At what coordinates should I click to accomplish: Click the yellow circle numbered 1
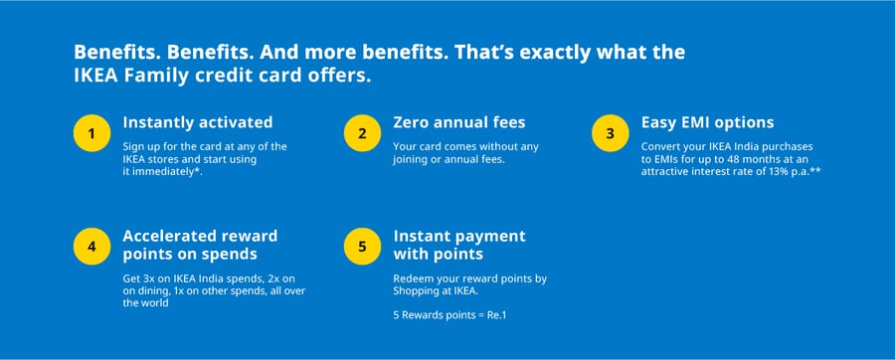[92, 132]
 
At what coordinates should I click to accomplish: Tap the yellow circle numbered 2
[363, 132]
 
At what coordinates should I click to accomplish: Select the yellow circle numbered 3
[611, 132]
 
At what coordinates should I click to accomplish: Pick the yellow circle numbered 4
[92, 246]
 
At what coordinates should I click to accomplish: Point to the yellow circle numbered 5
[363, 246]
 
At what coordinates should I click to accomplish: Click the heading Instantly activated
[197, 122]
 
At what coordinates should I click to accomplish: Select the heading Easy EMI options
[708, 122]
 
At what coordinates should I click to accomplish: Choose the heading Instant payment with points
[459, 246]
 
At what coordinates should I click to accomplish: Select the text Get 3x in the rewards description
[139, 278]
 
